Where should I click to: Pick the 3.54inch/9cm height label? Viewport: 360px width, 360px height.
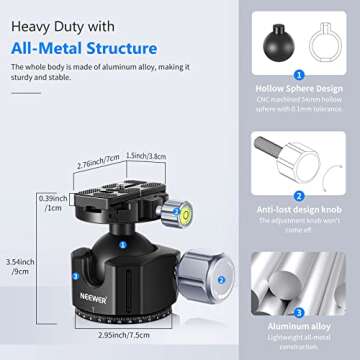pyautogui.click(x=21, y=267)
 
